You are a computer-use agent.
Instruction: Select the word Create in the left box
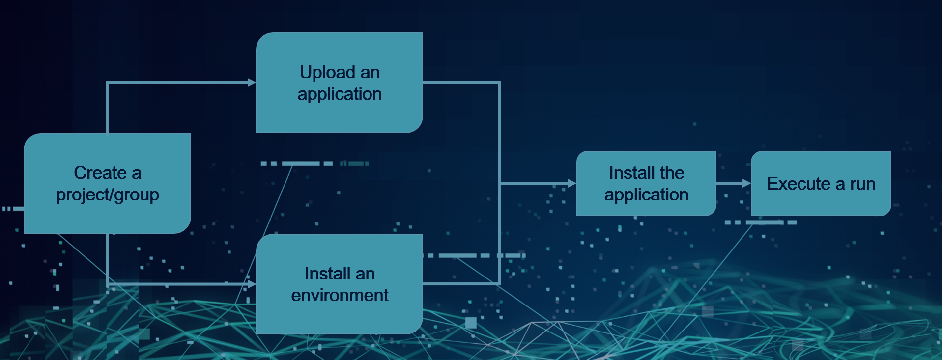(100, 173)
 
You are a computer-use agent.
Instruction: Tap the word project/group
(108, 195)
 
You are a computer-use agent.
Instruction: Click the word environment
(340, 295)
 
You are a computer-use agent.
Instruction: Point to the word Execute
(799, 184)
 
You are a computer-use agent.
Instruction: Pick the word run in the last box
(862, 184)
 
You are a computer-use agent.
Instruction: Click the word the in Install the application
(672, 173)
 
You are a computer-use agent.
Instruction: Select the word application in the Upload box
(340, 94)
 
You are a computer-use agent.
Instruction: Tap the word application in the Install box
(646, 195)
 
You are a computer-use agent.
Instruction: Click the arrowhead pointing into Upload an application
(252, 83)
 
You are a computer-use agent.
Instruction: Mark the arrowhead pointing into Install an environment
(252, 284)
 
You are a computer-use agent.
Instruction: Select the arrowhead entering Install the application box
(571, 183)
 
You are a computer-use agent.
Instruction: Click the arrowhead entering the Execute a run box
(746, 183)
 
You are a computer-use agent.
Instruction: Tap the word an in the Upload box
(370, 73)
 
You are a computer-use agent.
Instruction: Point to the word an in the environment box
(365, 274)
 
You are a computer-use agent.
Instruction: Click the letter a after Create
(136, 173)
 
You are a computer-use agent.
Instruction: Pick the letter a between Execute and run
(840, 184)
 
